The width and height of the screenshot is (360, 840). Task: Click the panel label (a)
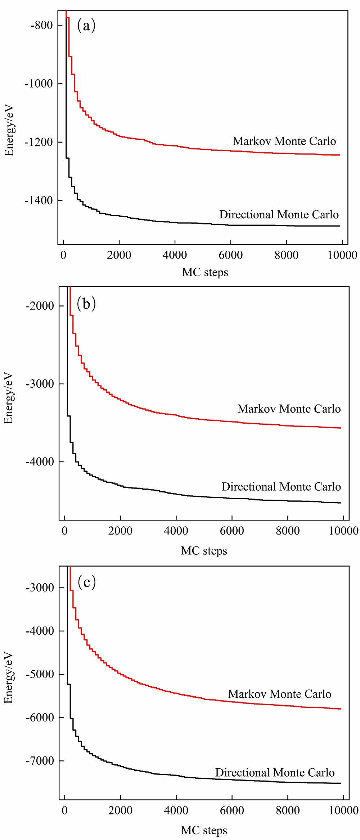point(86,26)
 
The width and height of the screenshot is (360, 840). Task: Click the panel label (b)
point(86,304)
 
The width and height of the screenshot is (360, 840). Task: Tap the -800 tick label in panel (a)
point(41,25)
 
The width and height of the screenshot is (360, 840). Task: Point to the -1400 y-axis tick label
point(39,201)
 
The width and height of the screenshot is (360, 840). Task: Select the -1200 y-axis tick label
point(39,142)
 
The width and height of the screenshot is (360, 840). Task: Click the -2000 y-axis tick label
point(40,306)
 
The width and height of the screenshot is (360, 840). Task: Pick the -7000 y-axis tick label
point(40,761)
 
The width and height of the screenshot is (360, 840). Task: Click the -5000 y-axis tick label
point(40,674)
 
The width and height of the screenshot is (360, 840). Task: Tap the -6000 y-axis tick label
point(40,718)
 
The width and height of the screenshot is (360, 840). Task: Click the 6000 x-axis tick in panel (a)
point(231,255)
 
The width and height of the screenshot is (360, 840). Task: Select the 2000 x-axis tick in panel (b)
point(120,531)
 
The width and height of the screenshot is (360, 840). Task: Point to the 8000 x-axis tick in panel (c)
point(288,810)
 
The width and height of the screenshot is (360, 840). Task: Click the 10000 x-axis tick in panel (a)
point(342,255)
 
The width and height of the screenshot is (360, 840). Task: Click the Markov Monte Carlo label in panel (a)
point(284,141)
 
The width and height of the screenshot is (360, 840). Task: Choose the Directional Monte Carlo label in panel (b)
point(281,487)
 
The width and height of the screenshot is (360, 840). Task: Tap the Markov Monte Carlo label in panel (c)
point(280,694)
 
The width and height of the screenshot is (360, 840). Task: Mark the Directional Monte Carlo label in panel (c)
point(275,773)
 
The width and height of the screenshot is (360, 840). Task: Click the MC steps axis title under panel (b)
point(204,551)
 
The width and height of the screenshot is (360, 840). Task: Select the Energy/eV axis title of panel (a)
point(9,130)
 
